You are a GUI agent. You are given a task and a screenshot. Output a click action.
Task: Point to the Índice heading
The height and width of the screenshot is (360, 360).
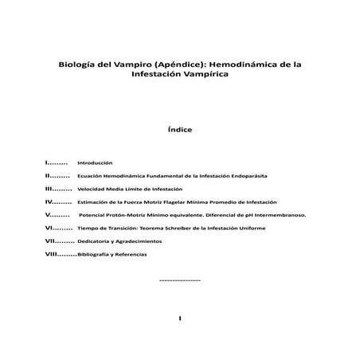(x=180, y=127)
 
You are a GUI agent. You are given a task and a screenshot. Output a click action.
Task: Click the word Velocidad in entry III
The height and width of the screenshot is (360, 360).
(x=92, y=189)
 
